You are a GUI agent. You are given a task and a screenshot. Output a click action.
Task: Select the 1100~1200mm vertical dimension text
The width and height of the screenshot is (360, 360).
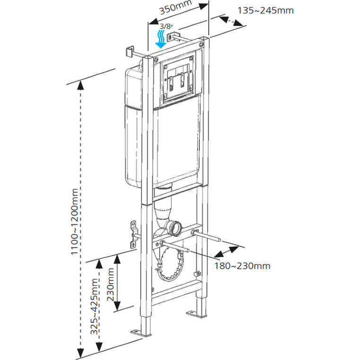75,222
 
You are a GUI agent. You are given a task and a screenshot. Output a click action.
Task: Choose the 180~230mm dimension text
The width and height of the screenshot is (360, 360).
243,266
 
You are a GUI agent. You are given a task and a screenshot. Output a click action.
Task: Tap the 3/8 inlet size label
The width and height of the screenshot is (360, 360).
166,26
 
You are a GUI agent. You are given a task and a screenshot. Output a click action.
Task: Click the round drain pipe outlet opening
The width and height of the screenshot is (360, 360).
176,228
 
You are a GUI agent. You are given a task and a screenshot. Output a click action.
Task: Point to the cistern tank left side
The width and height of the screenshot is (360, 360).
133,128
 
